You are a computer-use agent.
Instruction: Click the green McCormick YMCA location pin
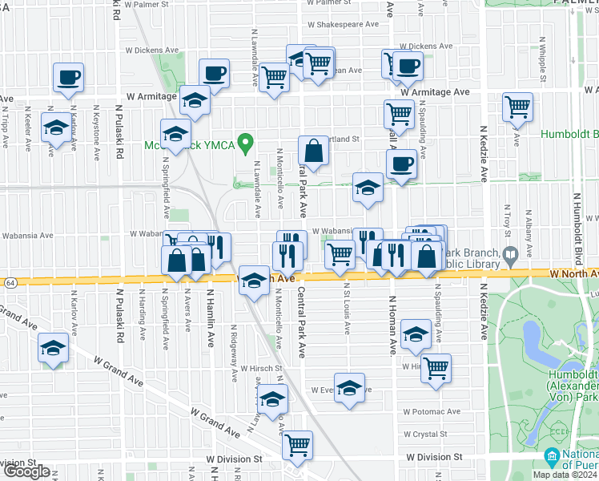(248, 143)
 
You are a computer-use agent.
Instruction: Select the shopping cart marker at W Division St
(298, 444)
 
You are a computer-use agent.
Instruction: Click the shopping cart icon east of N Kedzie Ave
(518, 106)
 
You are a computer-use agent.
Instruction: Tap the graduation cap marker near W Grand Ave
(54, 348)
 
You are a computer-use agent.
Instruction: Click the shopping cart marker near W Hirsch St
(436, 369)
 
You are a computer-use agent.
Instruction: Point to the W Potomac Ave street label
(432, 411)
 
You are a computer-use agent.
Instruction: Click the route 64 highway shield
(9, 283)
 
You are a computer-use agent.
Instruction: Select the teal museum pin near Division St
(552, 458)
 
